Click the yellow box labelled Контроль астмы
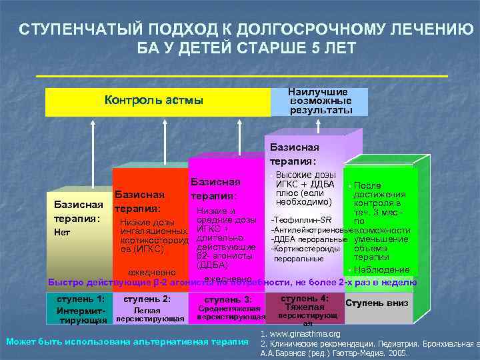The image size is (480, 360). point(155,101)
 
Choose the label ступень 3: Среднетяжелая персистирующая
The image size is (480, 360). point(228,308)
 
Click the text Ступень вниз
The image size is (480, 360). point(377,302)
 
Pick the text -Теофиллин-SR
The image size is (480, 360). point(300,220)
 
